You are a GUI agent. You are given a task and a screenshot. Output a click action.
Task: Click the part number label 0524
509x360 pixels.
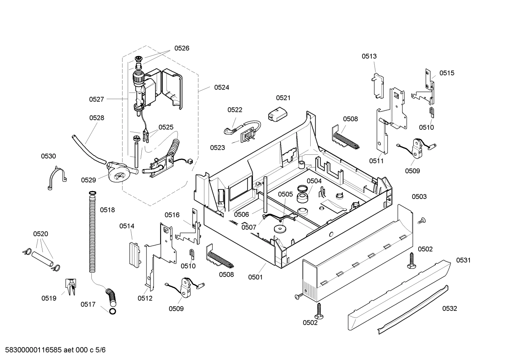point(221,87)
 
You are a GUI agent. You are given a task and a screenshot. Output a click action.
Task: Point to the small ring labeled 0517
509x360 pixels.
point(113,311)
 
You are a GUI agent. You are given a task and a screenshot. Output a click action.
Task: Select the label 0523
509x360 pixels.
point(217,148)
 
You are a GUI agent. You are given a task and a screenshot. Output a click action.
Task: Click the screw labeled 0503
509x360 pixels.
point(421,221)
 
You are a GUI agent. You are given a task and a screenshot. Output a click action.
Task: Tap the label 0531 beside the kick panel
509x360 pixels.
point(463,260)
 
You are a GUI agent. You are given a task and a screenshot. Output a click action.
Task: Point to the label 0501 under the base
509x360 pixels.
point(255,277)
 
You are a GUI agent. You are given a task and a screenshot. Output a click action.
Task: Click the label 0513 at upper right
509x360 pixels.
point(369,56)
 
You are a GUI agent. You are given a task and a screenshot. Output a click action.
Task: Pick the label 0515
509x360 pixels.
point(447,73)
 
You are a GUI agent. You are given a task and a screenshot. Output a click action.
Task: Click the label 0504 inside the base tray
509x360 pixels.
point(314,181)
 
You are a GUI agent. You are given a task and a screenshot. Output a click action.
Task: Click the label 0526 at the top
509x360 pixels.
point(181,48)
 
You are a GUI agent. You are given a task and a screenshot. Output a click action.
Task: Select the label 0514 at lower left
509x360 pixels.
point(127,226)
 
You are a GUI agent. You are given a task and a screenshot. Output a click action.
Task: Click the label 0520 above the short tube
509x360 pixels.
point(41,234)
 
